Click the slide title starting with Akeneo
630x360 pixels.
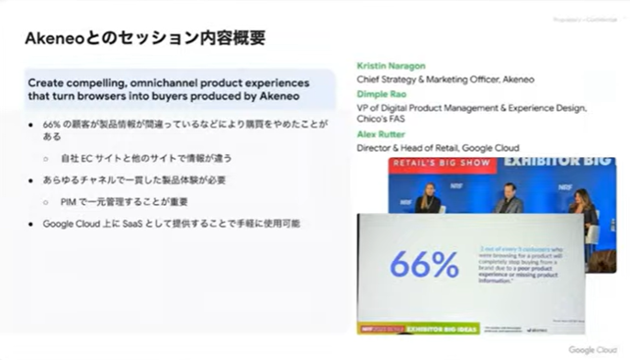[146, 38]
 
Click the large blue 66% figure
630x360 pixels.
[423, 264]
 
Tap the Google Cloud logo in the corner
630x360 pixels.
[593, 350]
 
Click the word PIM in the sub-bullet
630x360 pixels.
[71, 201]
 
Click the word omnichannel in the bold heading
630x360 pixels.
[172, 81]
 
